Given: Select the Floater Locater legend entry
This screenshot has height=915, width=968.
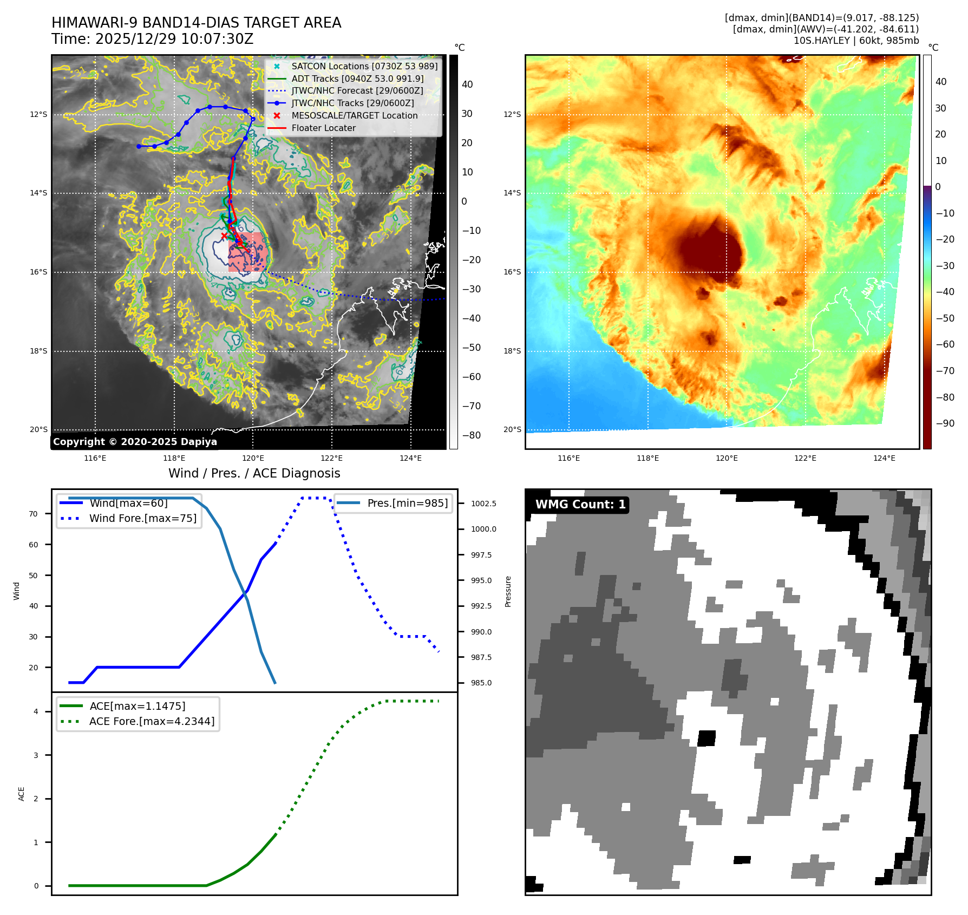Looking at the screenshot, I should click(323, 128).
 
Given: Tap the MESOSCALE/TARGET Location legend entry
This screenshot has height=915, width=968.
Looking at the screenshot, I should click(354, 116).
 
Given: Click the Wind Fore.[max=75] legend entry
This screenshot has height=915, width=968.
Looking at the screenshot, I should click(142, 518).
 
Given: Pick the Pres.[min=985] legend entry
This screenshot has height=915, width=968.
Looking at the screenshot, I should click(407, 503).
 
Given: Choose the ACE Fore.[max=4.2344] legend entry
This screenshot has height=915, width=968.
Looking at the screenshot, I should click(152, 721).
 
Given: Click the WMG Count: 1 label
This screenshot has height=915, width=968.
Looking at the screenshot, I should click(580, 505).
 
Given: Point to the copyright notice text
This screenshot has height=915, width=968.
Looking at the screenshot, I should click(135, 442).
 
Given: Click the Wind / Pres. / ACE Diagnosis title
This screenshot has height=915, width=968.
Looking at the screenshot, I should click(254, 473).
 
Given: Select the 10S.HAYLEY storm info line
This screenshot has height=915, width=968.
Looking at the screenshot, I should click(856, 41).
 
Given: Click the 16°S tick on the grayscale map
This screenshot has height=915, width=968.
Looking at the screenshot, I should click(38, 272).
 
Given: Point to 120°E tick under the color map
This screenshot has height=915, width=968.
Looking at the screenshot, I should click(727, 458).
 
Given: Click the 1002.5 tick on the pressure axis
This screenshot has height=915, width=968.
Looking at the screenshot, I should click(483, 504).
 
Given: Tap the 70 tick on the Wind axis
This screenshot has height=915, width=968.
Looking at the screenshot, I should click(34, 514).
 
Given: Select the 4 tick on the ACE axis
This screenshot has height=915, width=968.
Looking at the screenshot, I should click(36, 711).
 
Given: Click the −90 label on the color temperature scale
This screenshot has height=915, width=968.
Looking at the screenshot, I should click(945, 423).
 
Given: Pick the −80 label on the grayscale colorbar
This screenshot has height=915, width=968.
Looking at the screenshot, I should click(471, 435).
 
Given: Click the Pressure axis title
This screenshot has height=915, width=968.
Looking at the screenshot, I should click(508, 591).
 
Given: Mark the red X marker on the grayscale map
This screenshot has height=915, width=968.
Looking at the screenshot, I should click(224, 236).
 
